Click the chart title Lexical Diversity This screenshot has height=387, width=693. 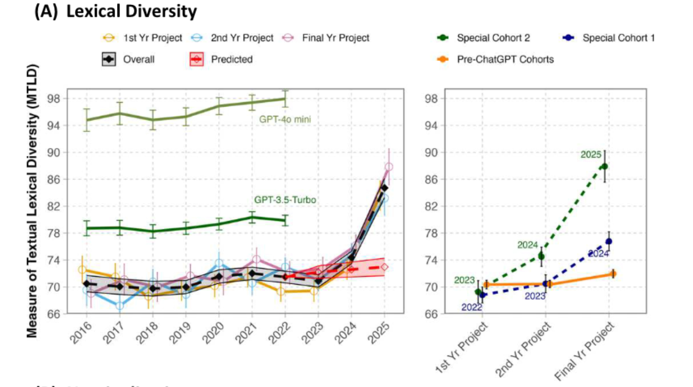click(132, 12)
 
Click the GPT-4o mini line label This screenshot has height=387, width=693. click(285, 120)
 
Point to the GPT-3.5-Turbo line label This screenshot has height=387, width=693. click(285, 200)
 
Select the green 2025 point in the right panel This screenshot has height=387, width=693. click(604, 166)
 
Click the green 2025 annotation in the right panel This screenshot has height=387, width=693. click(591, 155)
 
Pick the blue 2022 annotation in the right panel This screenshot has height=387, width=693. click(472, 307)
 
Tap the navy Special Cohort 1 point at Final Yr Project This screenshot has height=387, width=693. click(609, 242)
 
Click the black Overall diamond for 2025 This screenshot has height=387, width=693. click(384, 188)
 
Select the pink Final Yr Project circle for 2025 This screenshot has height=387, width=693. click(388, 167)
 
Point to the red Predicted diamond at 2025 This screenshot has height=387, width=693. click(384, 267)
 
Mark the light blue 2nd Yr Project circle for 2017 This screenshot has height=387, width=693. click(120, 306)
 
